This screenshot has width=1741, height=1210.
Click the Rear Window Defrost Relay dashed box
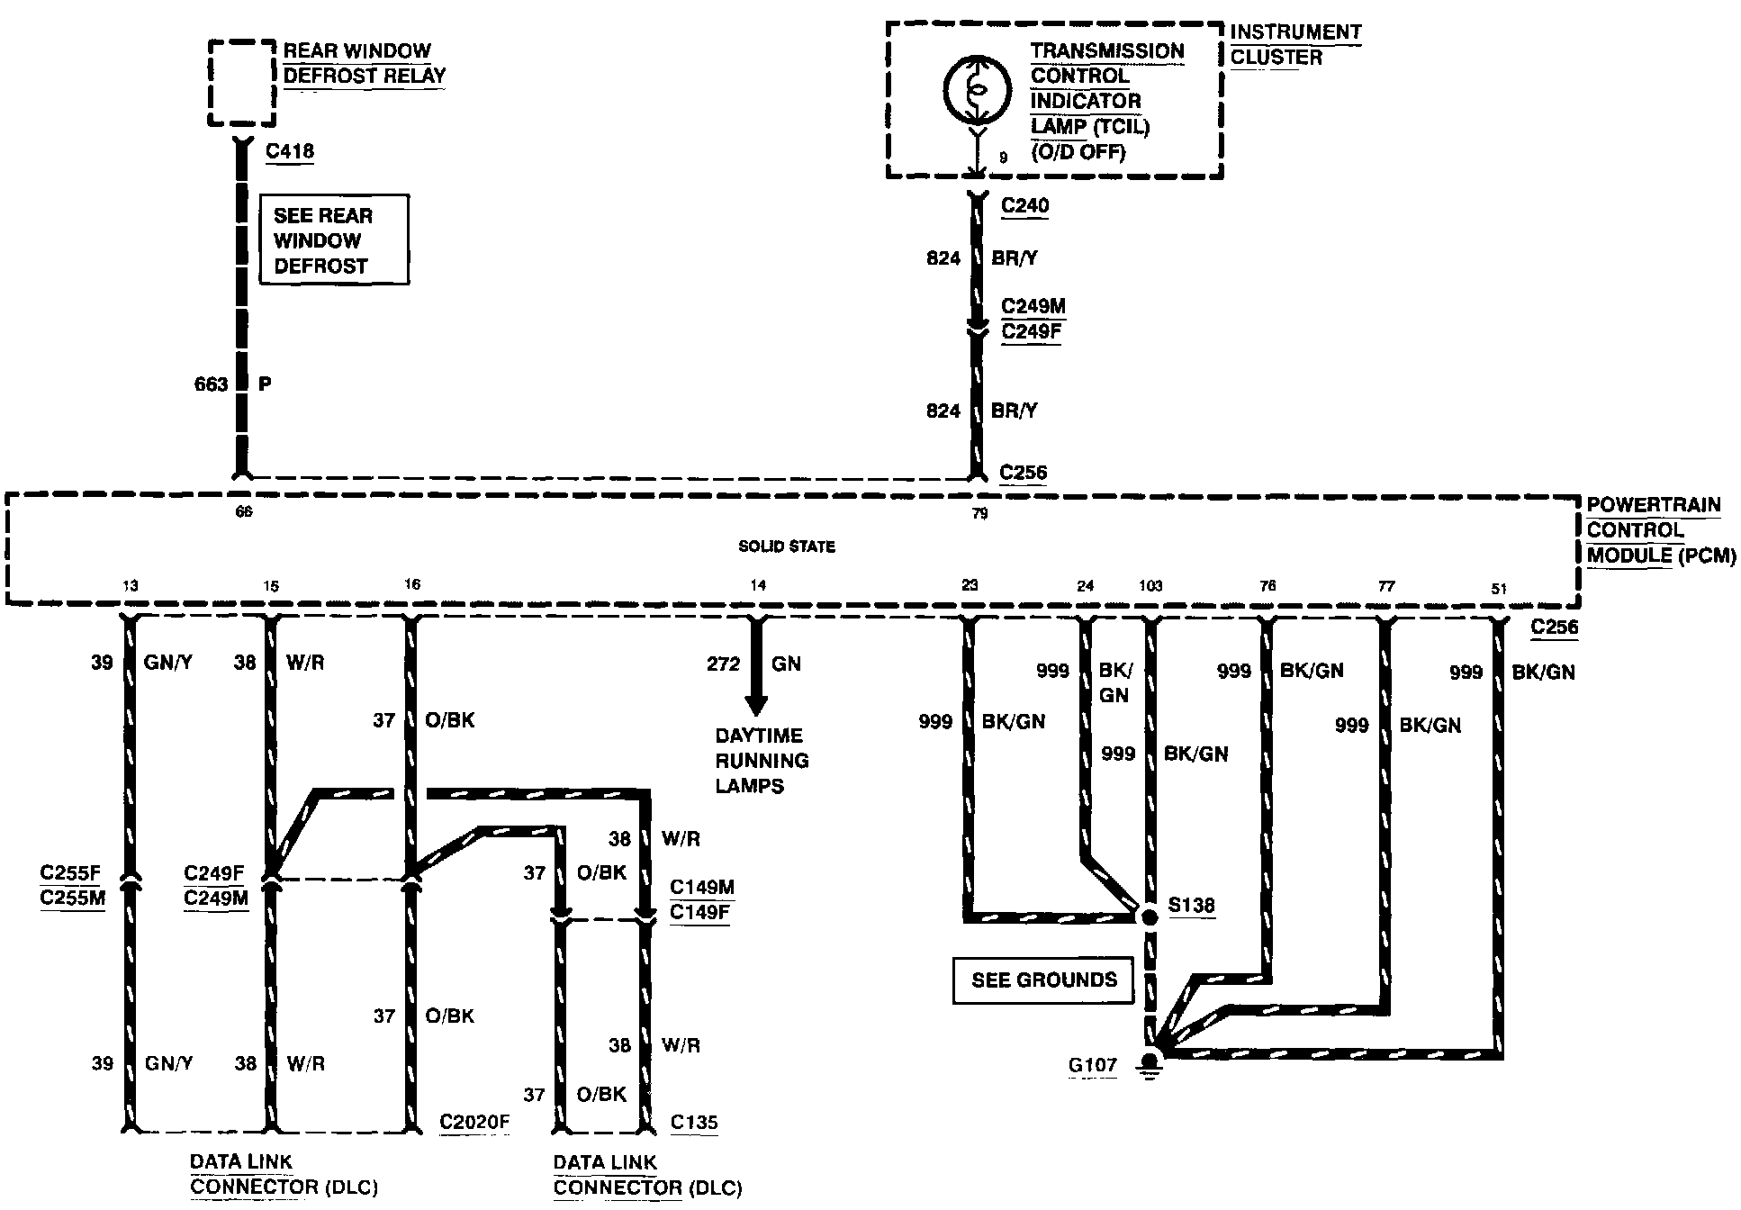coord(241,82)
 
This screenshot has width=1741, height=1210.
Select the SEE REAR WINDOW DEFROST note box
coord(334,239)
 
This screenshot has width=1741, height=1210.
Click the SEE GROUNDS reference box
coord(1042,980)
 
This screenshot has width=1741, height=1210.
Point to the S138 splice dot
coord(1149,917)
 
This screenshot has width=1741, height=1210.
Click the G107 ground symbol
coord(1148,1067)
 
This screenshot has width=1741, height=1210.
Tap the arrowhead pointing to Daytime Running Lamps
coord(755,706)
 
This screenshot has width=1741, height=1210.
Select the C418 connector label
coord(290,150)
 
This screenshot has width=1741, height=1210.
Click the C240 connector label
coord(1024,205)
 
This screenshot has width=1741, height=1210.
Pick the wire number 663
coord(211,384)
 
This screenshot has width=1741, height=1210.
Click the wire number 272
coord(723,664)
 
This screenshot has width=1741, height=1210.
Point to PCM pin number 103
coord(1150,586)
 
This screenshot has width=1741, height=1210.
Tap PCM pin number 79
coord(979,513)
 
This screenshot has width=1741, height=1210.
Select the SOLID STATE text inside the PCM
coord(786,546)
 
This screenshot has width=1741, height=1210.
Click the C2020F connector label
coord(474,1122)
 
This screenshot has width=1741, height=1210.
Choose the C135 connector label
coord(694,1122)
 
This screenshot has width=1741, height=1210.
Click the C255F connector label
coord(71,872)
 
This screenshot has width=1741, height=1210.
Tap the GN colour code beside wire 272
coord(786,664)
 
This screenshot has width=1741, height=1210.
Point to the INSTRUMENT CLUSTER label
coord(1295,44)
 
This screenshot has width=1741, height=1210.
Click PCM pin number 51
coord(1499,590)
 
